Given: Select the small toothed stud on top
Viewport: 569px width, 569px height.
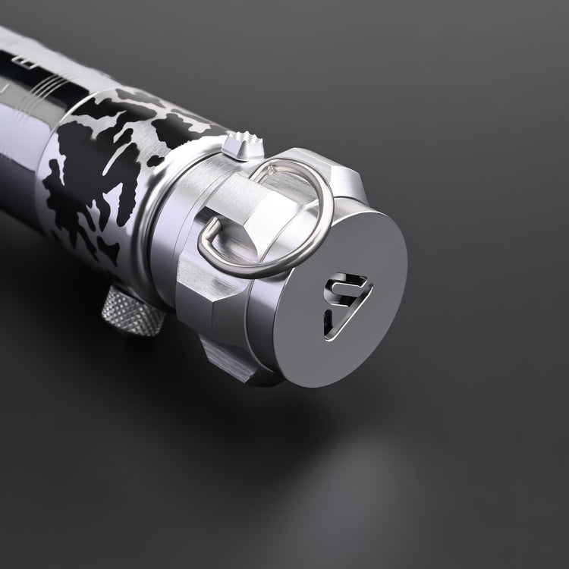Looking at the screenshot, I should [x=244, y=146].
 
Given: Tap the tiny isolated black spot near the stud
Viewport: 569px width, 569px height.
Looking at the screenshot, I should [x=156, y=160].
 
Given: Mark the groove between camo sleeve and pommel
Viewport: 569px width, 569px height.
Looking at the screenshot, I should [x=163, y=220].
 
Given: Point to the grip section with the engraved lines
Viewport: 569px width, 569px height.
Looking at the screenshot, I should [x=46, y=83].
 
